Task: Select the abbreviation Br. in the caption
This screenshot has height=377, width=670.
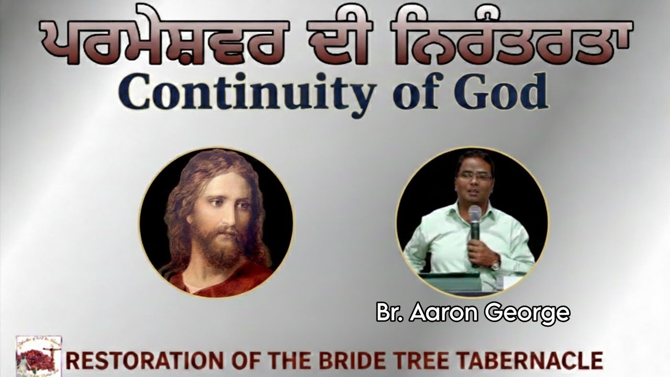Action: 390,313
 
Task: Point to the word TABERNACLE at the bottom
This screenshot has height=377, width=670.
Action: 529,361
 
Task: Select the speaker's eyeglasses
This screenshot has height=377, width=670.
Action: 474,177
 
